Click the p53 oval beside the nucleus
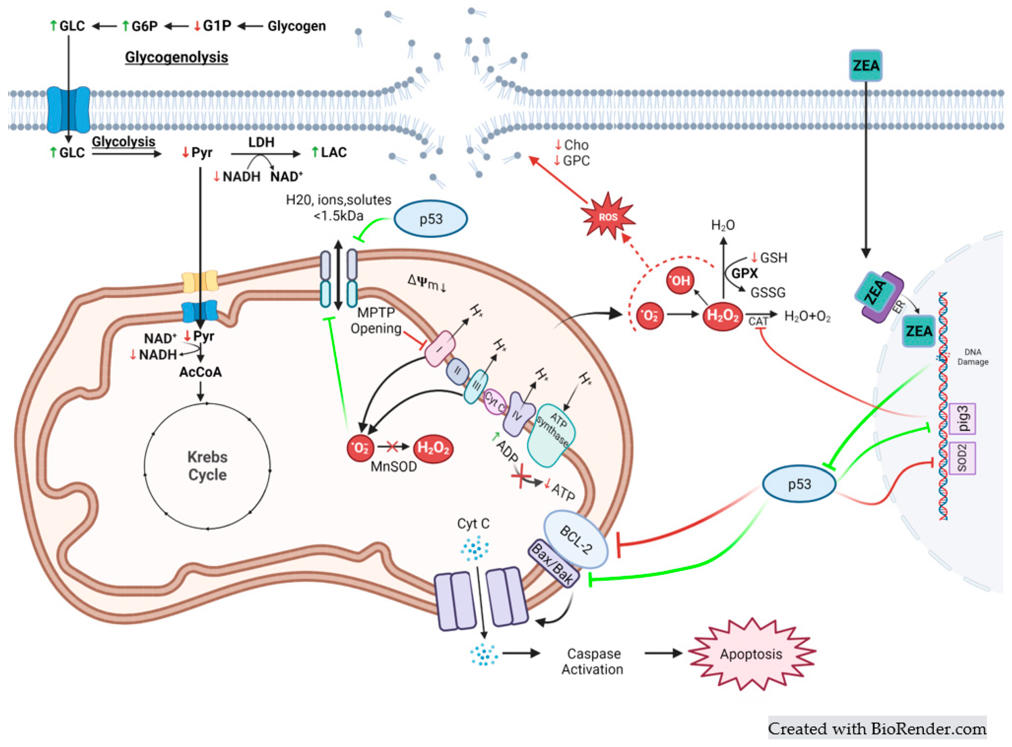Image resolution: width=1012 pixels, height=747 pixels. pos(799,484)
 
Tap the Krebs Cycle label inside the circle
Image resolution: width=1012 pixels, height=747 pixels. pos(207,466)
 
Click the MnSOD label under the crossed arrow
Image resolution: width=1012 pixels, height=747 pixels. pos(393,467)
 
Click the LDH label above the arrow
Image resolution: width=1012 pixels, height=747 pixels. pos(261,142)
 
